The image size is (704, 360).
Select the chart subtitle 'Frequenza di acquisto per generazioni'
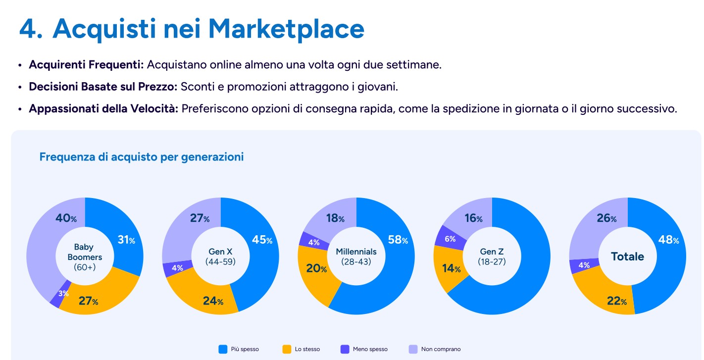pos(141,157)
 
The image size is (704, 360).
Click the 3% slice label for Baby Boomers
pos(63,293)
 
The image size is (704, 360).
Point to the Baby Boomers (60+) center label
pos(85,257)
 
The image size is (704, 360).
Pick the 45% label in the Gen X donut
pos(262,240)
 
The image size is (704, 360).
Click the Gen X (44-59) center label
pos(220,256)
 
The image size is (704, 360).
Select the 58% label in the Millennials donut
pos(398,240)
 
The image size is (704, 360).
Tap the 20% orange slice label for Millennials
pos(316,269)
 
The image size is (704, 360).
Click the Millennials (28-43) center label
pos(356,256)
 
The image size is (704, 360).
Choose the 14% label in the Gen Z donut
pos(451,269)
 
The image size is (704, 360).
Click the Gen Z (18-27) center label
pos(492,256)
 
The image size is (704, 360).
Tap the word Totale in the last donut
pos(627,256)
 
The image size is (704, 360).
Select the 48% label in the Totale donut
pos(668,240)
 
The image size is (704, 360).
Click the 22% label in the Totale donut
pos(617,301)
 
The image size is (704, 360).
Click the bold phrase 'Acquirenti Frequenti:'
pos(86,65)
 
